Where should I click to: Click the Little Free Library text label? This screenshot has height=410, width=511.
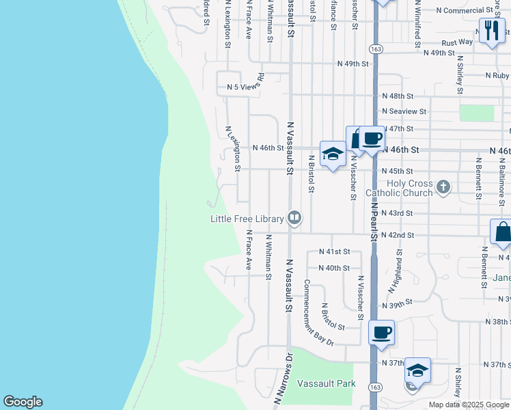coord(247,219)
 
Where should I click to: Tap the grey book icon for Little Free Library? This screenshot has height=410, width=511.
coord(294,218)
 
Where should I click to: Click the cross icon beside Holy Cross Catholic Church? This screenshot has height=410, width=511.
coord(443,186)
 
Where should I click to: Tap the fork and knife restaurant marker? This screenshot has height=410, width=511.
coord(492,31)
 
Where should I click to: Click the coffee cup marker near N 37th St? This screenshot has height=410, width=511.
coord(382,333)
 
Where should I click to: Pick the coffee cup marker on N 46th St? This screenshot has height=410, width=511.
coord(372,139)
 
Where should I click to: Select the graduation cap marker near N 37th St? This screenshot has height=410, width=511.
coord(417,371)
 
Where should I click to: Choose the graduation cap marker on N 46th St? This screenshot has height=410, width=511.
coord(333,154)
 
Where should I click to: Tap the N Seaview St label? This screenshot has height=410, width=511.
coord(404,111)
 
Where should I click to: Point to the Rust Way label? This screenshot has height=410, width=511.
coord(457,42)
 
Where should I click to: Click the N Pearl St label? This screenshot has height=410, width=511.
coord(374,217)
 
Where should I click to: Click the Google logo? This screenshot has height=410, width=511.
coord(23,402)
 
